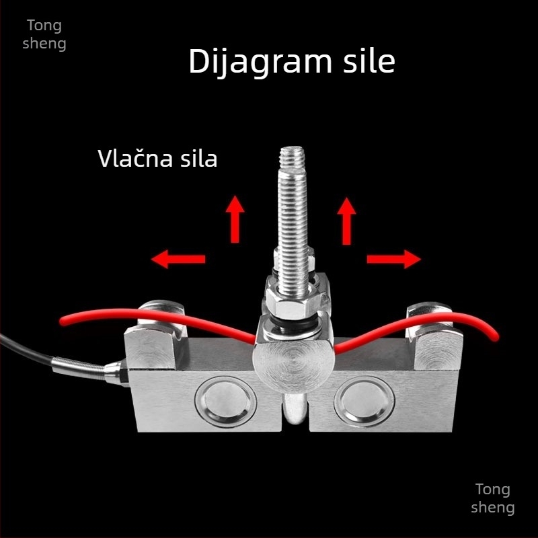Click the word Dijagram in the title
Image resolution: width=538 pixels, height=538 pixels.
pyautogui.click(x=260, y=62)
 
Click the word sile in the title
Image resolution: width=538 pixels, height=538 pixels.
pyautogui.click(x=369, y=61)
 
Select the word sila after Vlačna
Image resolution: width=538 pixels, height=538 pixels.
pyautogui.click(x=199, y=159)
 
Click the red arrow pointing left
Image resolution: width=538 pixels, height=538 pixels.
pyautogui.click(x=178, y=259)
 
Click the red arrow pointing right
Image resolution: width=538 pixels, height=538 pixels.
pyautogui.click(x=394, y=259)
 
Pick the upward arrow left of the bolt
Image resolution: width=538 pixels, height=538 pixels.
pyautogui.click(x=235, y=219)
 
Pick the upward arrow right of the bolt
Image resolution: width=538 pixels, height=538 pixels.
pyautogui.click(x=346, y=221)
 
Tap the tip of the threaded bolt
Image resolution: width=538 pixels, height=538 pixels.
pyautogui.click(x=292, y=147)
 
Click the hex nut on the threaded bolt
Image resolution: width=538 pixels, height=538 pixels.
pyautogui.click(x=293, y=303)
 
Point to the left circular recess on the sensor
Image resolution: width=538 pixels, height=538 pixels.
pyautogui.click(x=225, y=401)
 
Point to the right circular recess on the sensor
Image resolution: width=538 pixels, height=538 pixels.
pyautogui.click(x=364, y=401)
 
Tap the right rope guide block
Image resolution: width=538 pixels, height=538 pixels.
pyautogui.click(x=434, y=343)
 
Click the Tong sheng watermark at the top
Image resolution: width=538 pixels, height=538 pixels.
pyautogui.click(x=44, y=35)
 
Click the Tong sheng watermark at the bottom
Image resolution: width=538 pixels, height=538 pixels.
pyautogui.click(x=493, y=498)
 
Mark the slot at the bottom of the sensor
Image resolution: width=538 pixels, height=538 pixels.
pyautogui.click(x=295, y=412)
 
